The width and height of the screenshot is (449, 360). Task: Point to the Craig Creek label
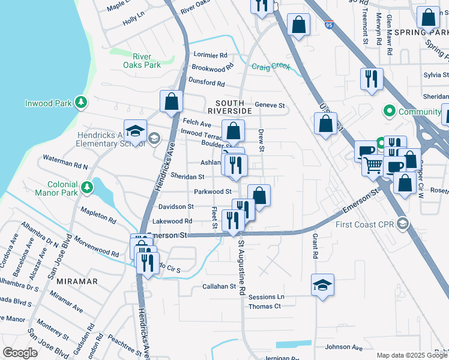[271, 67]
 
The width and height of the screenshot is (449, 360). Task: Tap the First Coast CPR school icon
[402, 224]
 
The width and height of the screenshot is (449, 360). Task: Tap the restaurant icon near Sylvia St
[372, 79]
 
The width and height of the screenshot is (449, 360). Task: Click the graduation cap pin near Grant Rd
[322, 284]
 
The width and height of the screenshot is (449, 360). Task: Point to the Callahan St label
[218, 287]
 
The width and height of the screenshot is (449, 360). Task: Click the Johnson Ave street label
[344, 347]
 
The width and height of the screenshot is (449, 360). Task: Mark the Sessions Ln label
[266, 297]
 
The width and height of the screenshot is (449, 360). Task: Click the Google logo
[20, 353]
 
